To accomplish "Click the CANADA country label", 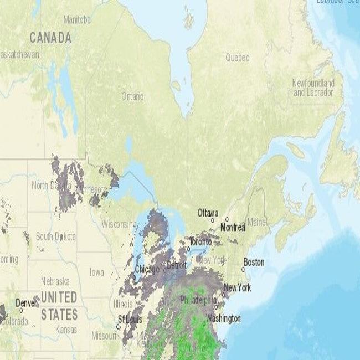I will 50,38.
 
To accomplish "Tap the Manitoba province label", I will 77,20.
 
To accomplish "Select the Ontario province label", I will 132,96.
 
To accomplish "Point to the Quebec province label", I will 237,58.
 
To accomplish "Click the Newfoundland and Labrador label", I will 313,88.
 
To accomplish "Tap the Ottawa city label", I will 208,213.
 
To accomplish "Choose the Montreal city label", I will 233,227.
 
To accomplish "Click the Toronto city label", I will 200,242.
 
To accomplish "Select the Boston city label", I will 254,262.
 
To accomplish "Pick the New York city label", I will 237,287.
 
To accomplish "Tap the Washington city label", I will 223,318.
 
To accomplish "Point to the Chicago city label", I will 147,269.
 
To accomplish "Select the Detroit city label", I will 177,266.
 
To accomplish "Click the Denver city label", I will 27,303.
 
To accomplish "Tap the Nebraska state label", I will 55,281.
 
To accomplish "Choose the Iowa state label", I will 96,272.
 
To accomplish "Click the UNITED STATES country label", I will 59,306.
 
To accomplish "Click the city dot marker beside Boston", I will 243,269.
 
